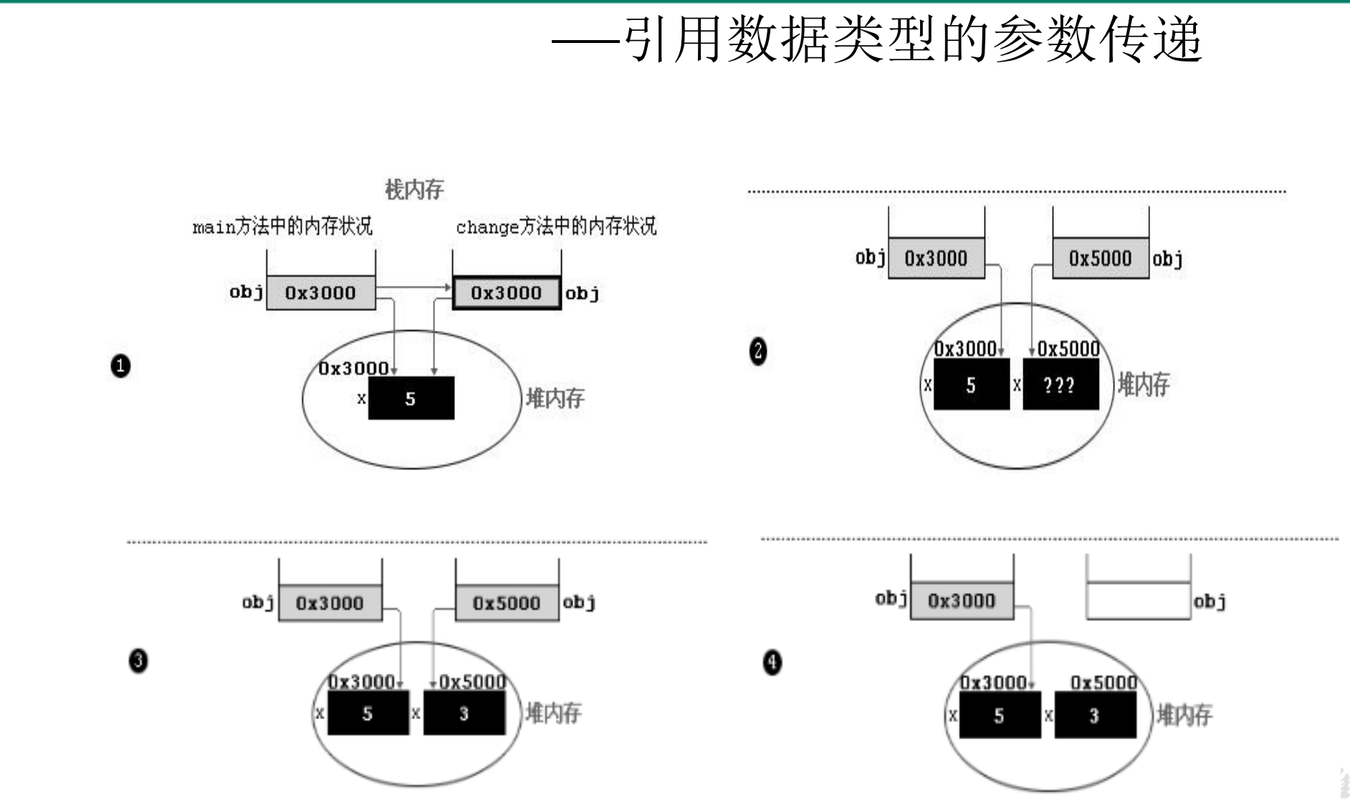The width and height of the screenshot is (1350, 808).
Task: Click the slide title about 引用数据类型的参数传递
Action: coord(877,39)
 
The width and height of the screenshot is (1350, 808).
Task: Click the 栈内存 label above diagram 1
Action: coord(414,189)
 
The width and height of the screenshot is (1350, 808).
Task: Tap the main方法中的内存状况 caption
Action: coord(282,226)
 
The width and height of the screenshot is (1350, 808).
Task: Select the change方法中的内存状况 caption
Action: coord(556,226)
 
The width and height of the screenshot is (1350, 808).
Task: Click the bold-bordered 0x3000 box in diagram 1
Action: coord(507,293)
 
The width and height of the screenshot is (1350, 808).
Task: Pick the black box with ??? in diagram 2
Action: coord(1061,385)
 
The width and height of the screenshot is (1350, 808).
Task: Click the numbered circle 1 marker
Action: coord(120,366)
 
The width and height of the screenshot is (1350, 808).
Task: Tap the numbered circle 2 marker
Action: coord(758,351)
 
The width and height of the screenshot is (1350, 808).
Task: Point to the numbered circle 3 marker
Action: coord(138,660)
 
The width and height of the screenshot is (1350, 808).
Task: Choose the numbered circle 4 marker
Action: coord(772,662)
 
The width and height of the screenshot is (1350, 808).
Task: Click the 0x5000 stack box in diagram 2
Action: coord(1100,259)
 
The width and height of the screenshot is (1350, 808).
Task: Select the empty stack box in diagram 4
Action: coord(1139,600)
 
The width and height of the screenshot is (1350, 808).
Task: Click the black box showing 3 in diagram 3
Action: coord(464,713)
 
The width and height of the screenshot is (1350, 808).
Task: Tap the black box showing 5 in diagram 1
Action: coord(411,398)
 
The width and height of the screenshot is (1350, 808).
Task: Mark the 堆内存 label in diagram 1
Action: coord(555,398)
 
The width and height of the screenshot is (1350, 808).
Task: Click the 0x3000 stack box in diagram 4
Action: coord(962,601)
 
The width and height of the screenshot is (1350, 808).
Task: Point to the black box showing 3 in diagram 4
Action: coord(1094,716)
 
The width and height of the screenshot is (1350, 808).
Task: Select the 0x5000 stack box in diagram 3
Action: coord(507,603)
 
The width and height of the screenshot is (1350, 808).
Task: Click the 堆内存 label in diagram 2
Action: coord(1144,385)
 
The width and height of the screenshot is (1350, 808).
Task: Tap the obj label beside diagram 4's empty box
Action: coord(1210,601)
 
